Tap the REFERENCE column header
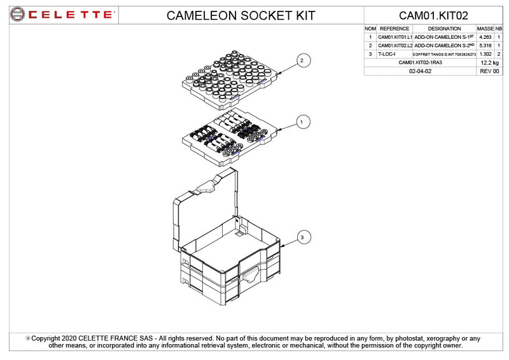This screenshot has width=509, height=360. pos(394,29)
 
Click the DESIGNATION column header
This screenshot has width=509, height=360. pos(445,29)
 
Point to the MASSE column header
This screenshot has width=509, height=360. pos(485,29)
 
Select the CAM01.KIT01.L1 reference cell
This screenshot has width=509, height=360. pos(395,38)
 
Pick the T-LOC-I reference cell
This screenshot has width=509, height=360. pos(387,54)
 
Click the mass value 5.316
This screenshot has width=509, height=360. pos(485,46)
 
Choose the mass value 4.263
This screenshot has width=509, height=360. pos(485,38)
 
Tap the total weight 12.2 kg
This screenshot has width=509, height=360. pos(489,63)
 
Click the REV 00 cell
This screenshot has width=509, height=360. pos(489,71)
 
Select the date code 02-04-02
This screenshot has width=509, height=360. pos(420,71)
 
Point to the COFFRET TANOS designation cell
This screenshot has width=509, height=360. pos(445,55)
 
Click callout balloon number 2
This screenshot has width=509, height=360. pos(302,60)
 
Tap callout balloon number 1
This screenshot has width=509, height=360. pos(302,120)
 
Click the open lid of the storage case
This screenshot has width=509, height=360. pos(206,204)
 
